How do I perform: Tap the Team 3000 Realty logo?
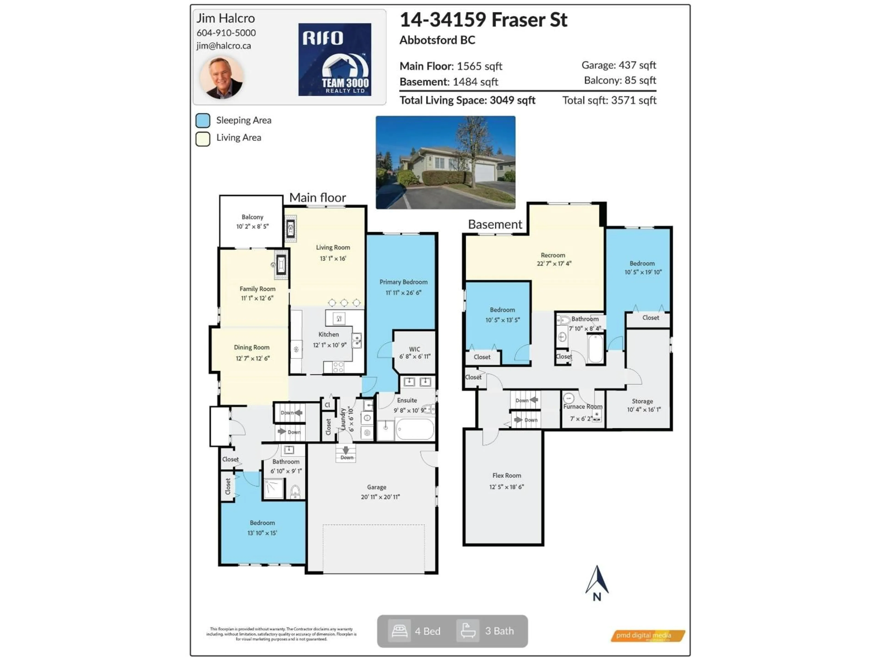(x=335, y=59)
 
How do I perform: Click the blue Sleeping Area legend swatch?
(x=203, y=120)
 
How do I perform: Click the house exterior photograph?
(x=445, y=162)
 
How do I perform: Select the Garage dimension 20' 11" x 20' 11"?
(x=380, y=497)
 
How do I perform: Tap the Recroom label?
(x=553, y=255)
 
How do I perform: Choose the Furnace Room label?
(x=582, y=406)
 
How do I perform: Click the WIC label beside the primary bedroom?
(x=415, y=349)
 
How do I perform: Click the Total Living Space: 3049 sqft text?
(x=467, y=100)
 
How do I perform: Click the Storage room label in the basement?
(x=642, y=401)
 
